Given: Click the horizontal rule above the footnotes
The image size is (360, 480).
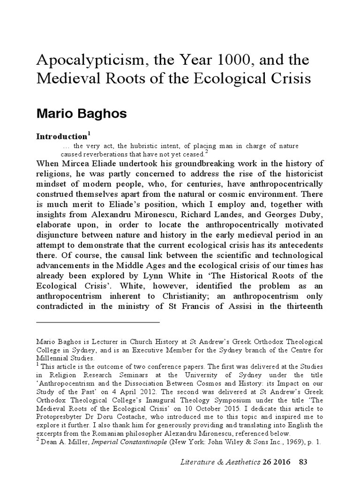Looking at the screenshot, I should [98, 322].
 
